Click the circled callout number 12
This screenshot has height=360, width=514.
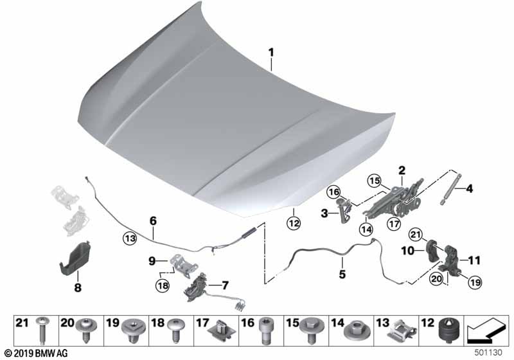[294, 223]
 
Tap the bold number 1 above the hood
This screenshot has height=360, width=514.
[271, 53]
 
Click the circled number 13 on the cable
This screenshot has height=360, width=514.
[130, 239]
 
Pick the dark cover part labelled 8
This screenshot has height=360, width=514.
[75, 258]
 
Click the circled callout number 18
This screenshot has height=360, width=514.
[163, 285]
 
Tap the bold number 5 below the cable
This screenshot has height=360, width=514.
[342, 274]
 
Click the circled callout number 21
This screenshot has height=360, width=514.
[416, 235]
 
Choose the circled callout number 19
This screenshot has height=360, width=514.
[475, 282]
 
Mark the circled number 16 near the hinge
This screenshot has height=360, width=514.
[333, 192]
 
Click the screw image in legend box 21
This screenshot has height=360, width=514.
[42, 330]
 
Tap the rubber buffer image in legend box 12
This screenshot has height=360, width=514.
[447, 330]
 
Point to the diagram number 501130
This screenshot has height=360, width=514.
[488, 352]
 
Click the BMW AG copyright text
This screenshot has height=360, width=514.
[37, 354]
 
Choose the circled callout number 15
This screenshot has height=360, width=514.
[375, 181]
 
